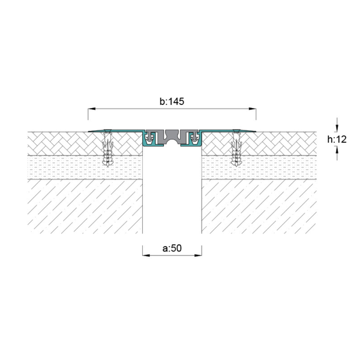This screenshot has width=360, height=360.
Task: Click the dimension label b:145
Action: pos(172,101)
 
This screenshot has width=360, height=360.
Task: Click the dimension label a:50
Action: pos(172,248)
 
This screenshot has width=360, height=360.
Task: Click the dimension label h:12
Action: pos(337,139)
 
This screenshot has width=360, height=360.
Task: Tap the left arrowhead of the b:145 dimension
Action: pos(92,109)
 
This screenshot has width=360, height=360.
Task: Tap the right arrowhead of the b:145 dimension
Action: pos(253,109)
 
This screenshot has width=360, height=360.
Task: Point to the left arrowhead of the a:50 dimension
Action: pos(146,256)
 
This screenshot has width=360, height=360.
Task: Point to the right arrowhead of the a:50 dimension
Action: pos(198,256)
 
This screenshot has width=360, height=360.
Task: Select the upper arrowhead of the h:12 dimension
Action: pos(337,128)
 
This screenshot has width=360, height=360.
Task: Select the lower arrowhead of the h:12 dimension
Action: pos(337,151)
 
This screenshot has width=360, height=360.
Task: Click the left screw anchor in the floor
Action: pos(107,148)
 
